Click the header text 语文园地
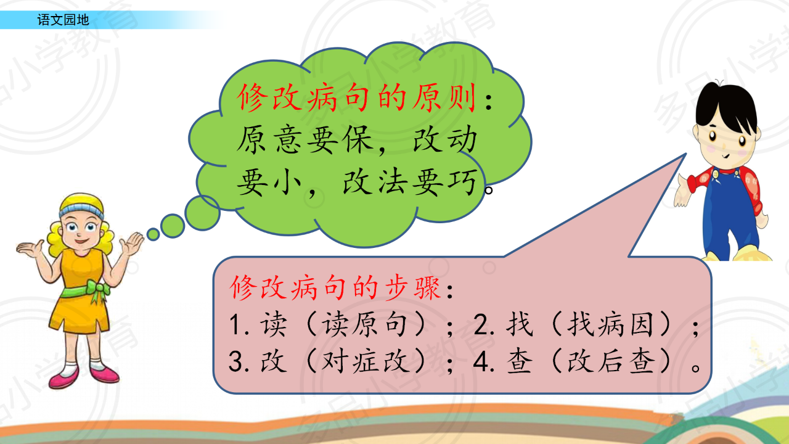coord(63,20)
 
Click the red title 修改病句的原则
coord(356,98)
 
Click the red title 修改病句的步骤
coord(335,288)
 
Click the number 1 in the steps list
coord(235,324)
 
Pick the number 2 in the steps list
coord(481,324)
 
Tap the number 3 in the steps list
coord(235,361)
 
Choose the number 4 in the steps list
coord(481,361)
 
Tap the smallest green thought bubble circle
coord(153,234)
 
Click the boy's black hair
coord(726,105)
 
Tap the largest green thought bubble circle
coord(203,213)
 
